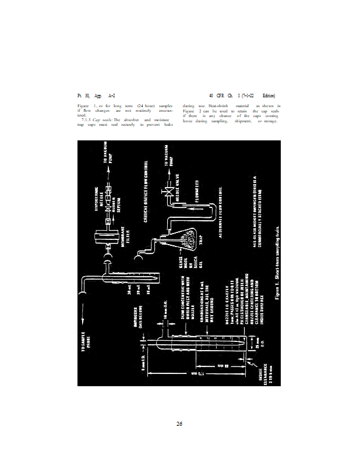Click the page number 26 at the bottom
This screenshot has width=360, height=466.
pos(180,423)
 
